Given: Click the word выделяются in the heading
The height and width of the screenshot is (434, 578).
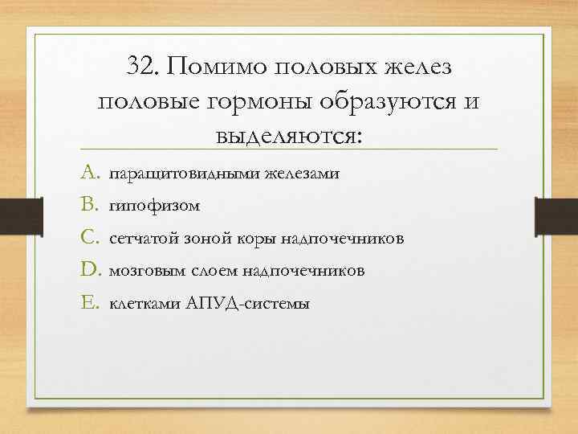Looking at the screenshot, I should point(288,135).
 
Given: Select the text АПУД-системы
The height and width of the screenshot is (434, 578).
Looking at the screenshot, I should point(241,305).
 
